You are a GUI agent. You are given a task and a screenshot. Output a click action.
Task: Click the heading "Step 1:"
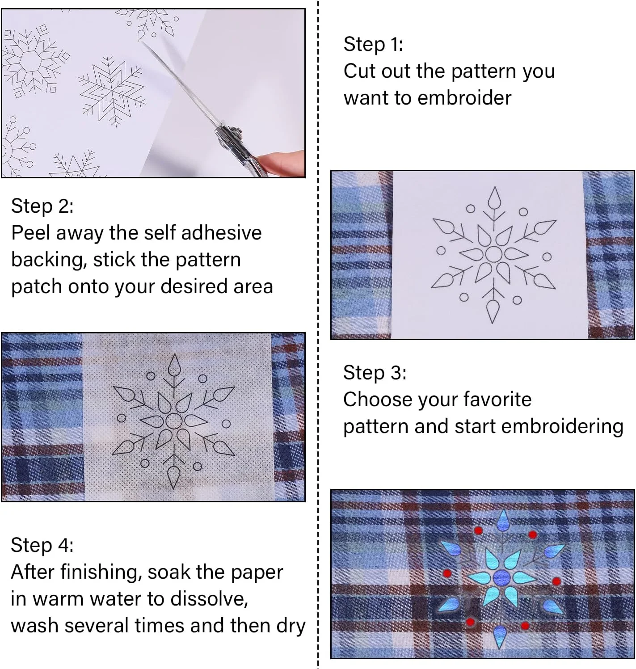pyautogui.click(x=373, y=44)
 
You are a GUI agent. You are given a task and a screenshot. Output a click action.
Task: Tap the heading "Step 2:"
pyautogui.click(x=42, y=206)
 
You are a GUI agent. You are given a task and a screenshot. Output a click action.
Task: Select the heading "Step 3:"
pyautogui.click(x=375, y=372)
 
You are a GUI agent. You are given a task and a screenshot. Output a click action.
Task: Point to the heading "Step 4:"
pyautogui.click(x=42, y=545)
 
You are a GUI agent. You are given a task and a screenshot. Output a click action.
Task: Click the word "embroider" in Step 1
pyautogui.click(x=464, y=98)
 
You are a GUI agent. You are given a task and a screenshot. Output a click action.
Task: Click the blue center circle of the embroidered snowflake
pyautogui.click(x=502, y=577)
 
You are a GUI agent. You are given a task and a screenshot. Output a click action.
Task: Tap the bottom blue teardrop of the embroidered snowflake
pyautogui.click(x=500, y=635)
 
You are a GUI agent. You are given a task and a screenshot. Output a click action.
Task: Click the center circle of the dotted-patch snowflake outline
pyautogui.click(x=174, y=421)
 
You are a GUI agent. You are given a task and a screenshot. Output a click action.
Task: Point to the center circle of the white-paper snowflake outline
pyautogui.click(x=494, y=254)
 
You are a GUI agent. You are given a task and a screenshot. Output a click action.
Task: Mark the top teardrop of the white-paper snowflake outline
pyautogui.click(x=494, y=198)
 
